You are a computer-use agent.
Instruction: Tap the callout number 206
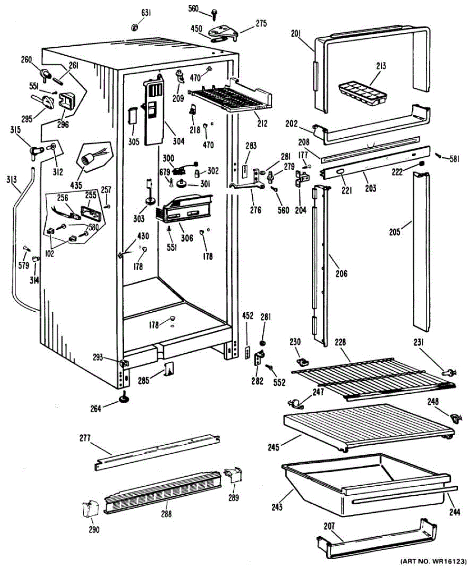click(x=341, y=274)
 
